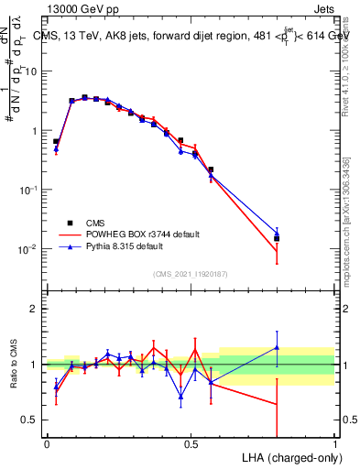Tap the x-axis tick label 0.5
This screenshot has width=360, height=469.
(191, 442)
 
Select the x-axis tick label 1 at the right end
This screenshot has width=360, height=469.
(335, 442)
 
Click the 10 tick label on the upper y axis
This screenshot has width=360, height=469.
(34, 71)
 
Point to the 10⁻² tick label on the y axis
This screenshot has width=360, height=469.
(30, 249)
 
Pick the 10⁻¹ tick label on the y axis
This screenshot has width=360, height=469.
(30, 190)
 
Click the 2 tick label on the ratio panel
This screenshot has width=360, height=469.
(38, 309)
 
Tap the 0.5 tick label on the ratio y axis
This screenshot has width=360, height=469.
(33, 420)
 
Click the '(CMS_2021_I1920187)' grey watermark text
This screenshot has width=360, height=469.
(191, 272)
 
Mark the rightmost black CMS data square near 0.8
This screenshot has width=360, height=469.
(277, 238)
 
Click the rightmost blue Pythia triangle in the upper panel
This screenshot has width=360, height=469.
(277, 234)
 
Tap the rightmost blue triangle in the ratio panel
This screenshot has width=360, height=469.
(277, 347)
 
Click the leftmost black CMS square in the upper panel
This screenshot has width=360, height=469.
(56, 142)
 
